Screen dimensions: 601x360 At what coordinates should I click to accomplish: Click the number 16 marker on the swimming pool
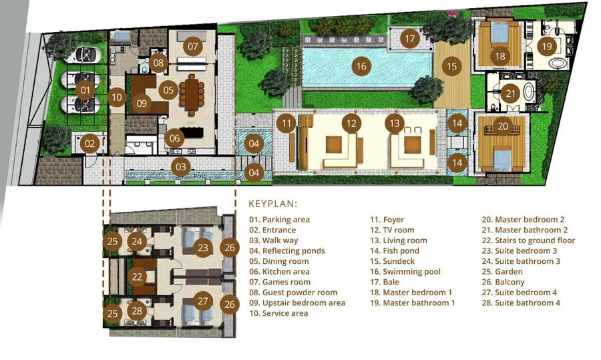pos(361,66)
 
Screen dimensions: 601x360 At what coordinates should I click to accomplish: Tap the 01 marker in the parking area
pos(85,90)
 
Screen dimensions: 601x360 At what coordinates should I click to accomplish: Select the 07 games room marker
pos(193,46)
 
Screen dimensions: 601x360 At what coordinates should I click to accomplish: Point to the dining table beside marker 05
pos(192,95)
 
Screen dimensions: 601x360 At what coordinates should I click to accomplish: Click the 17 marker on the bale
pos(410,38)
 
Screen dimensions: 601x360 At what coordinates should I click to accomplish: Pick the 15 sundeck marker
pos(452,66)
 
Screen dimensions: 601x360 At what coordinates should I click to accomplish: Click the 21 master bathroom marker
pos(511,94)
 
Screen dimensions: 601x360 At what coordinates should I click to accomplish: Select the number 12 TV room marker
pos(351,124)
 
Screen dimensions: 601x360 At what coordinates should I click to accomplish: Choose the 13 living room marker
pos(395,124)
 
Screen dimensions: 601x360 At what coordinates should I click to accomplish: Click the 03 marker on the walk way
pos(180,167)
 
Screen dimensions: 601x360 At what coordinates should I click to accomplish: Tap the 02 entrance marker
pos(89,144)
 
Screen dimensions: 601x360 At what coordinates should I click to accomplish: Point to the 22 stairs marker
pos(137,277)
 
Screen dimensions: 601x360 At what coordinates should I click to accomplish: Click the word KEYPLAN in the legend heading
pos(272,204)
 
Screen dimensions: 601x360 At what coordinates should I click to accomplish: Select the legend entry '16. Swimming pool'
pos(405,272)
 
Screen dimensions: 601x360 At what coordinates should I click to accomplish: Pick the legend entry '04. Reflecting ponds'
pos(287,250)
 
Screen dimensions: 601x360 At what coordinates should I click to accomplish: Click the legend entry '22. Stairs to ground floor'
pos(529,240)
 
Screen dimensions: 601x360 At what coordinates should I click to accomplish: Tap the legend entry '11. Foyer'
pos(387,220)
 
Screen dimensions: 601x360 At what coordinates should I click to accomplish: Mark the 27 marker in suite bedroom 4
pos(203,302)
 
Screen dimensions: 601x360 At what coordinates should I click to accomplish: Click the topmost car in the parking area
pos(82,55)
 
